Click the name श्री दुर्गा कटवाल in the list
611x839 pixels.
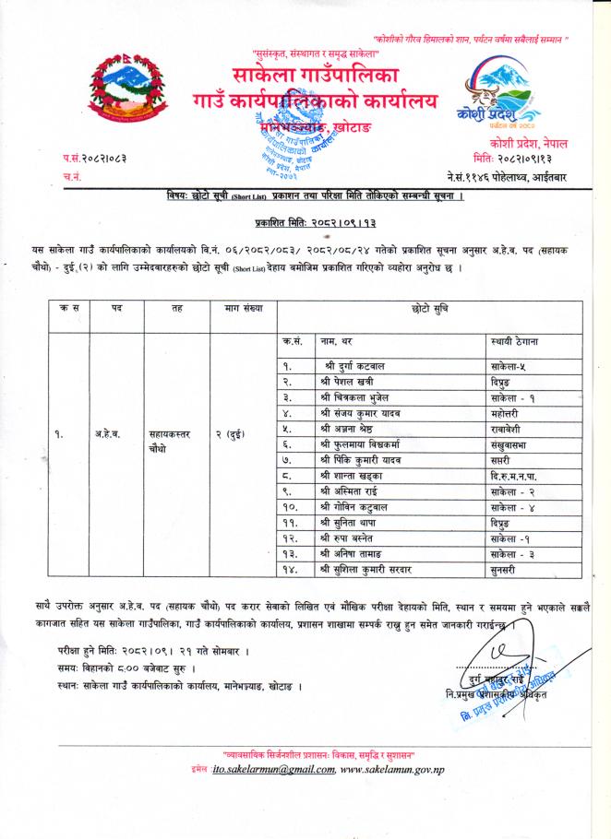pyautogui.click(x=352, y=367)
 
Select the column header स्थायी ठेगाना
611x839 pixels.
pyautogui.click(x=517, y=342)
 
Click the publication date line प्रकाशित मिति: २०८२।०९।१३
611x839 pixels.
pyautogui.click(x=314, y=223)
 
